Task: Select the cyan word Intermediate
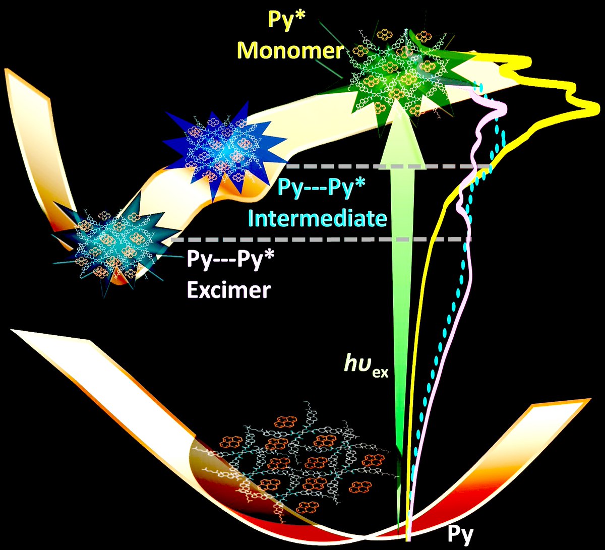tap(318, 218)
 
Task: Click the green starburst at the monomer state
tap(398, 76)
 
